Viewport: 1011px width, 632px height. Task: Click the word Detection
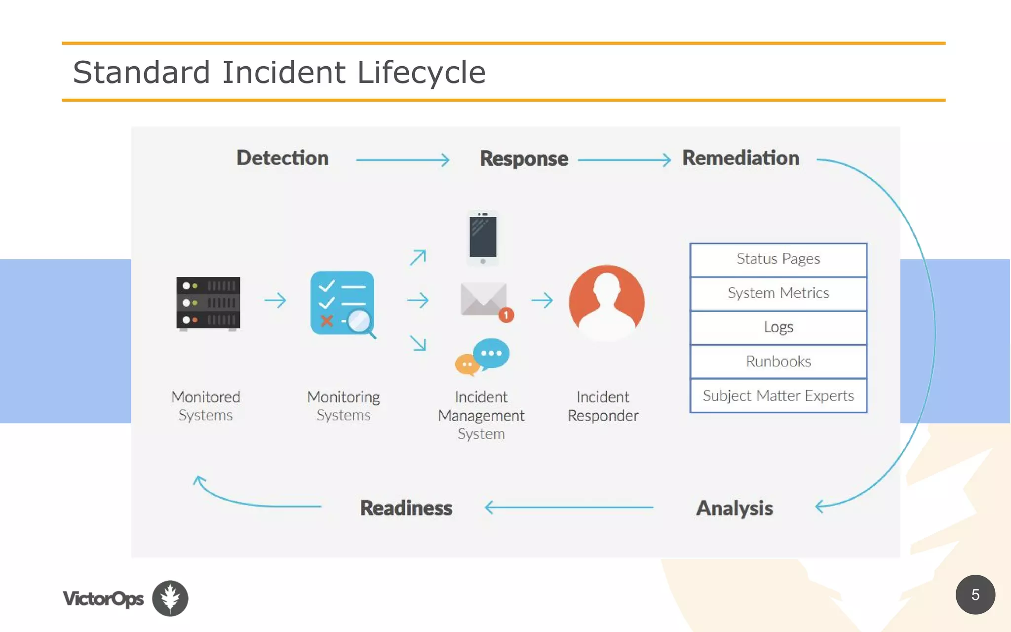(x=282, y=158)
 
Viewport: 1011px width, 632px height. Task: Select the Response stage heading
(x=524, y=158)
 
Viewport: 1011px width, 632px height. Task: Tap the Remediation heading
(x=740, y=158)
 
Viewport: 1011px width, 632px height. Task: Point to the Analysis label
(x=734, y=508)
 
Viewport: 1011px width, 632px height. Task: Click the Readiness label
(x=406, y=508)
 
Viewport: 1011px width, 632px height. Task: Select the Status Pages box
(x=778, y=259)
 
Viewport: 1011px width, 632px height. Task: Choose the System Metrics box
(x=778, y=293)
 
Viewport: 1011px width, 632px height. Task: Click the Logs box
(x=778, y=327)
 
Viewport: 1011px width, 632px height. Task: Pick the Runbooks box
(x=778, y=361)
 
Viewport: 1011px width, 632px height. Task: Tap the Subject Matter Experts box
(x=778, y=395)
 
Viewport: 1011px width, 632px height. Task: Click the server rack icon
(x=208, y=303)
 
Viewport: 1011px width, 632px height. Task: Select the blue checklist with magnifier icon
(x=343, y=303)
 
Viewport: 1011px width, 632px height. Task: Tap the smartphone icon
(x=483, y=237)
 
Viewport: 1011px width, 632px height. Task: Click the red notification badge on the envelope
(x=506, y=315)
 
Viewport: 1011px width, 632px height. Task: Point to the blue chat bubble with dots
(x=491, y=353)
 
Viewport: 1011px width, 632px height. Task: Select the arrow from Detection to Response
(x=403, y=160)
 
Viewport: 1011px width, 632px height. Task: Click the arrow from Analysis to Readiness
(x=569, y=507)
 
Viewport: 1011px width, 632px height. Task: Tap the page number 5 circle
(x=975, y=594)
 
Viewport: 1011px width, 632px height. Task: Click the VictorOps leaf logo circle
(x=170, y=598)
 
